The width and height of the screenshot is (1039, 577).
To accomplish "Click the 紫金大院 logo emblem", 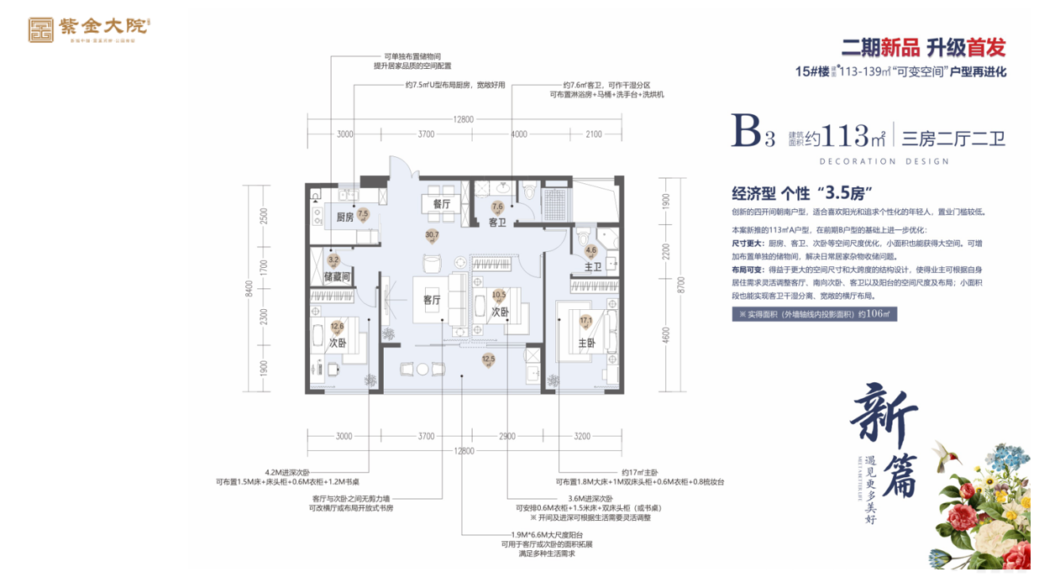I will tap(39, 29).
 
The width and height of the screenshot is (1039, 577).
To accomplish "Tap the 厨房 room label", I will tap(344, 218).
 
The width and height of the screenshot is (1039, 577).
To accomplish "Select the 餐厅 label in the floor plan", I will tap(442, 204).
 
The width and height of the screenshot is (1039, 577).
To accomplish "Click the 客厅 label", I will tap(432, 300).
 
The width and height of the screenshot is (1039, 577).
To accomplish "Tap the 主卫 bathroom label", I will tap(593, 267).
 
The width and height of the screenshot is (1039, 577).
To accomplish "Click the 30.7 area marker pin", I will tap(433, 237).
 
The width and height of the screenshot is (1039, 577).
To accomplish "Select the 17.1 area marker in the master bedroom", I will tap(585, 321).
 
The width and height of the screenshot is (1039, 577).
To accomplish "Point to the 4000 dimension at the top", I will tap(518, 134).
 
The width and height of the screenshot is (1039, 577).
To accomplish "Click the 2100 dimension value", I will tap(594, 134).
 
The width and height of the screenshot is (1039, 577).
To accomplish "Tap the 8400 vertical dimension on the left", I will tap(248, 289).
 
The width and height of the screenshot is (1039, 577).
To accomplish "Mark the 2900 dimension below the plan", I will tap(506, 436).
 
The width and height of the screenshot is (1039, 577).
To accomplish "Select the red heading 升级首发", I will tap(959, 47).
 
